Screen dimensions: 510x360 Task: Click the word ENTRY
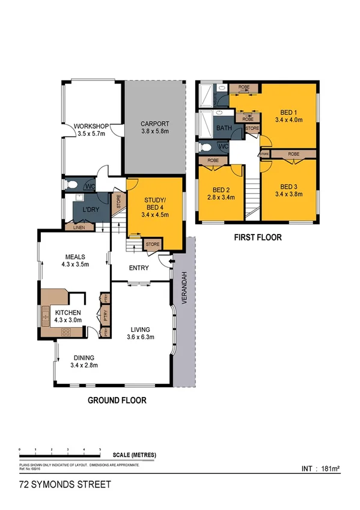click(x=138, y=268)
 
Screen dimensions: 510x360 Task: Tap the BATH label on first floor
click(x=224, y=127)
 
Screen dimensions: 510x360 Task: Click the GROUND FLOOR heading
click(x=117, y=400)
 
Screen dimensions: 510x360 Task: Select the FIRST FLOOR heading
click(x=258, y=238)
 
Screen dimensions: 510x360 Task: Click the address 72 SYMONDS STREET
click(x=56, y=484)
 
